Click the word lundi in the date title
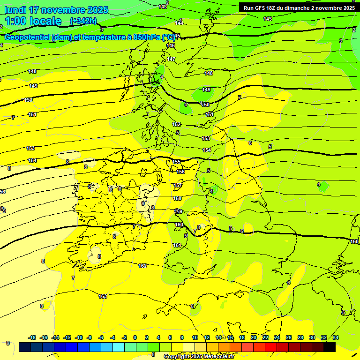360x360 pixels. (15, 10)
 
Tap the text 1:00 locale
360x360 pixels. (33, 21)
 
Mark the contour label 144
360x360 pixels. (179, 22)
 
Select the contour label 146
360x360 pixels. (171, 45)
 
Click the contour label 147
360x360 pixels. (171, 59)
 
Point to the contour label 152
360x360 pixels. (176, 124)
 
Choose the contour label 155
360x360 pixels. (176, 162)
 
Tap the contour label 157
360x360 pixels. (178, 186)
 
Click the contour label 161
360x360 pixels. (177, 245)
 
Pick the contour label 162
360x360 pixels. (142, 266)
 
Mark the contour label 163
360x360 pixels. (103, 296)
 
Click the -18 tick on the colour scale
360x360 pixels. (32, 337)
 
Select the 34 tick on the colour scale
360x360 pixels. (335, 337)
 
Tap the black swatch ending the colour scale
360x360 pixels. (330, 347)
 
